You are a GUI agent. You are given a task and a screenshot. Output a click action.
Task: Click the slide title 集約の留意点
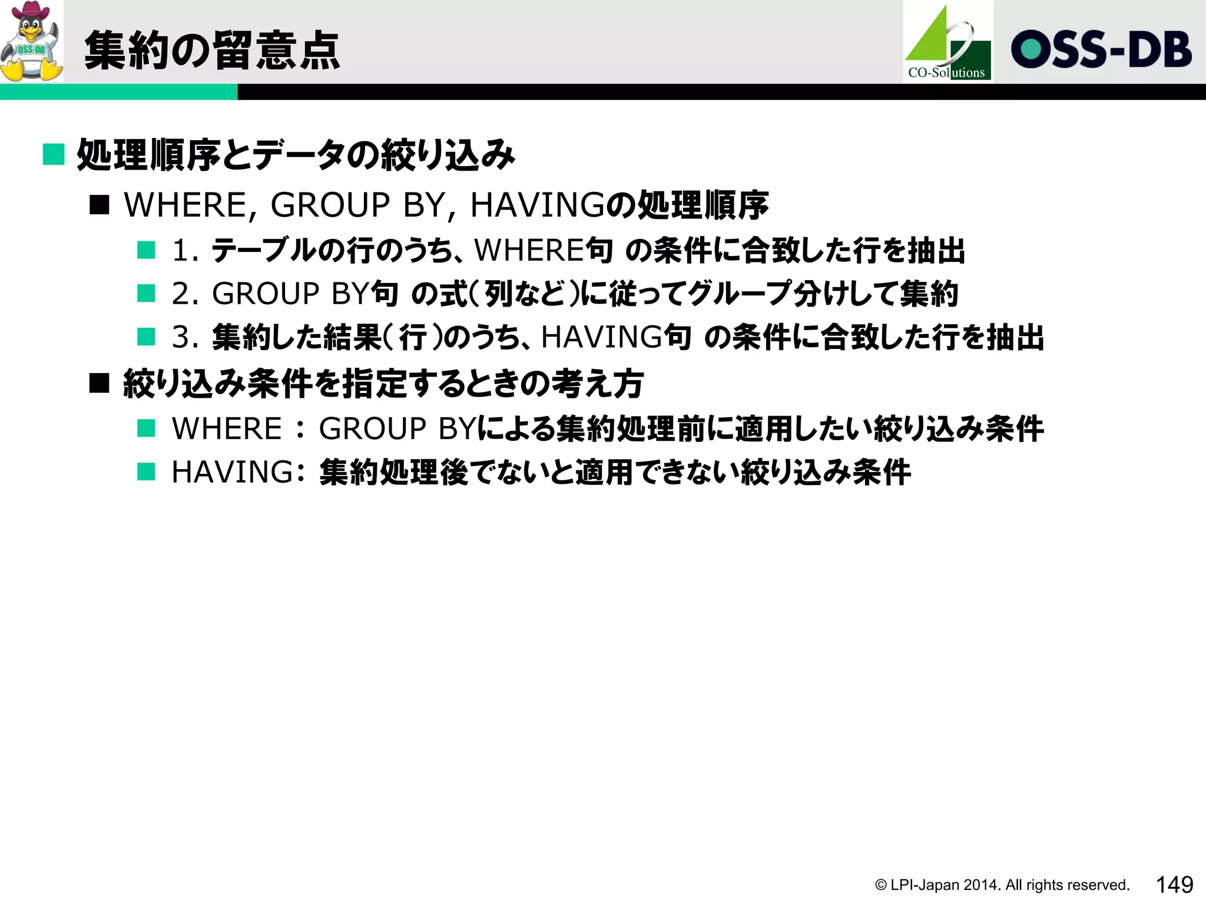pos(212,51)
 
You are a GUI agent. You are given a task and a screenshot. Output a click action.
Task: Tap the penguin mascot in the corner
pos(31,41)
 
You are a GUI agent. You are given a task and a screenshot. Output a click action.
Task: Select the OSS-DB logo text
pos(1101,49)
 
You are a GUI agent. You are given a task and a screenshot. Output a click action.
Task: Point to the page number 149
pos(1174,885)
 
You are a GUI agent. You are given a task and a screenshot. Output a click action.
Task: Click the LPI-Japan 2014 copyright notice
pos(1002,885)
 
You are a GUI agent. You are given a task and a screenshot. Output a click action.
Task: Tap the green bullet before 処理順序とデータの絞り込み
pos(54,155)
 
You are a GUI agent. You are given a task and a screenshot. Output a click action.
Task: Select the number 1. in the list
pos(185,251)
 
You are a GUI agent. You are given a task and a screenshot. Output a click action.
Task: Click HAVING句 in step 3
pos(615,338)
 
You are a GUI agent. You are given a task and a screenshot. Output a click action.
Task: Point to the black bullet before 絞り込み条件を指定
pos(100,384)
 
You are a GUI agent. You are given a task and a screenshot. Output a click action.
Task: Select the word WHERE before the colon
pos(227,428)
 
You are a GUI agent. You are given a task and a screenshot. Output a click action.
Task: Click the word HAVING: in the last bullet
pos(238,472)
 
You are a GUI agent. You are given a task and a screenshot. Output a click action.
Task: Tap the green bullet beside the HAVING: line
pos(146,472)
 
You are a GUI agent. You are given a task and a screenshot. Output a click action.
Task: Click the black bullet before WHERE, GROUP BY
pos(100,205)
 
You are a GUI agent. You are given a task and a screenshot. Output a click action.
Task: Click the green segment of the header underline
pos(118,92)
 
